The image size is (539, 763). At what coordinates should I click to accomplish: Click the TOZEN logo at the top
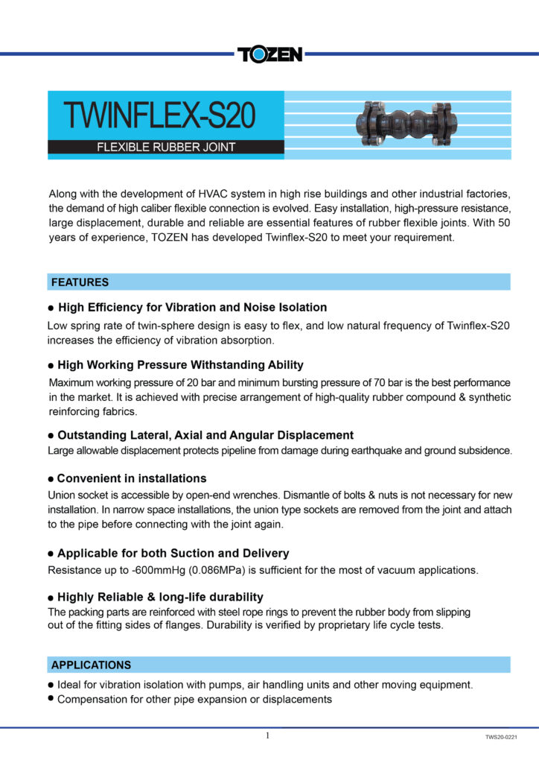(x=269, y=54)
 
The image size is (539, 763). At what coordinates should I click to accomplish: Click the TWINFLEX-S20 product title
(x=159, y=116)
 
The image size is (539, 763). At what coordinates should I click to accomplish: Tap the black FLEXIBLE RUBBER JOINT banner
(x=166, y=147)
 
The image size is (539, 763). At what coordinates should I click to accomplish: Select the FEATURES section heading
(x=80, y=282)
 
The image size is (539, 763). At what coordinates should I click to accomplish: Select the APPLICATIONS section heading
(x=91, y=665)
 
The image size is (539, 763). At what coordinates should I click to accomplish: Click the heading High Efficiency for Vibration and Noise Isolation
(x=192, y=307)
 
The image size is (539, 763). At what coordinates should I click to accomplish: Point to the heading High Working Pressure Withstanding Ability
(x=180, y=365)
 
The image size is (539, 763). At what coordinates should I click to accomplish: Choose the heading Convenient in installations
(x=132, y=478)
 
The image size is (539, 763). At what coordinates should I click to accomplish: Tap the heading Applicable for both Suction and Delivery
(x=173, y=554)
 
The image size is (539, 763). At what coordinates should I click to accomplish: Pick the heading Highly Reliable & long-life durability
(x=160, y=597)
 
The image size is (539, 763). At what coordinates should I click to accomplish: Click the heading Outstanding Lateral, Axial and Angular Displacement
(x=205, y=435)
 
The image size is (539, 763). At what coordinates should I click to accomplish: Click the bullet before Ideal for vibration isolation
(x=51, y=684)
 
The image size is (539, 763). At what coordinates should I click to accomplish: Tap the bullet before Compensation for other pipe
(x=51, y=699)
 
